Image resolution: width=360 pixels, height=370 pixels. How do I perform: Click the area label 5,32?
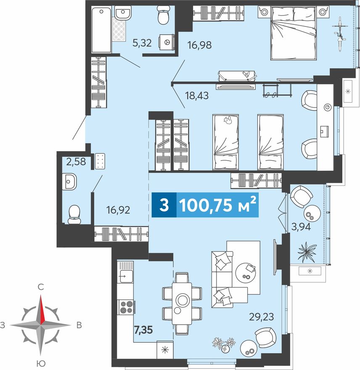click(142, 43)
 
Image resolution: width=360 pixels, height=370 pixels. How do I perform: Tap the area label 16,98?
click(199, 45)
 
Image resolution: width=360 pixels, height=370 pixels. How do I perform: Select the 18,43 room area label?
click(197, 95)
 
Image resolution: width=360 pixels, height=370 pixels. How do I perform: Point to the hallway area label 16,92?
click(118, 210)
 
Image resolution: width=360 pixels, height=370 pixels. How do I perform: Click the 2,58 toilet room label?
click(76, 161)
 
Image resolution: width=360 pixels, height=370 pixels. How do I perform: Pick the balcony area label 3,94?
click(301, 227)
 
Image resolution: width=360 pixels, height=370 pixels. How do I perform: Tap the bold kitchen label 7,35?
click(143, 330)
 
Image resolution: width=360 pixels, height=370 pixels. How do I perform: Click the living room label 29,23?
click(262, 317)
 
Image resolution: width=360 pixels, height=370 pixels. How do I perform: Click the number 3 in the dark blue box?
click(164, 205)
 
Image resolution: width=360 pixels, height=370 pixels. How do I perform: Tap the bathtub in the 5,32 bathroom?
click(101, 30)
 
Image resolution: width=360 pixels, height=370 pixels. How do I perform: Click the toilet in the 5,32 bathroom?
click(163, 15)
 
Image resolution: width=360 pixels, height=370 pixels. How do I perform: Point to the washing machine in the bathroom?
click(167, 42)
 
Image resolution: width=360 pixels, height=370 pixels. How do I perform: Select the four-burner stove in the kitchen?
click(126, 307)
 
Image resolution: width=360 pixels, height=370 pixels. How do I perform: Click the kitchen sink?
click(126, 276)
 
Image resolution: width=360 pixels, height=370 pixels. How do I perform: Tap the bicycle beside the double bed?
click(340, 34)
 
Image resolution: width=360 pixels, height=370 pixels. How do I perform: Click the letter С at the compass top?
click(41, 287)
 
